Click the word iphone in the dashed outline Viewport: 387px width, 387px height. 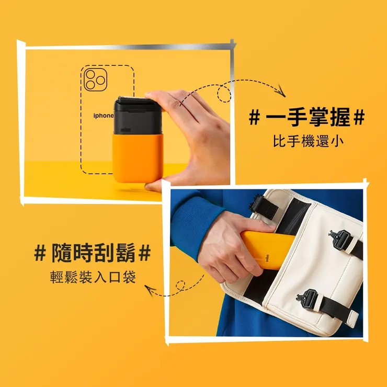[x=103, y=115]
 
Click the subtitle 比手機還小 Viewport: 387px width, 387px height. [x=307, y=142]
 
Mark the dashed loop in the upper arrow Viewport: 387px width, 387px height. [x=224, y=95]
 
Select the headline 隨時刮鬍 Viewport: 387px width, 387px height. [x=92, y=254]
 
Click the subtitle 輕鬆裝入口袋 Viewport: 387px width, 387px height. [x=92, y=277]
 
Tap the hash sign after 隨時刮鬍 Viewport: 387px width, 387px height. [x=145, y=254]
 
